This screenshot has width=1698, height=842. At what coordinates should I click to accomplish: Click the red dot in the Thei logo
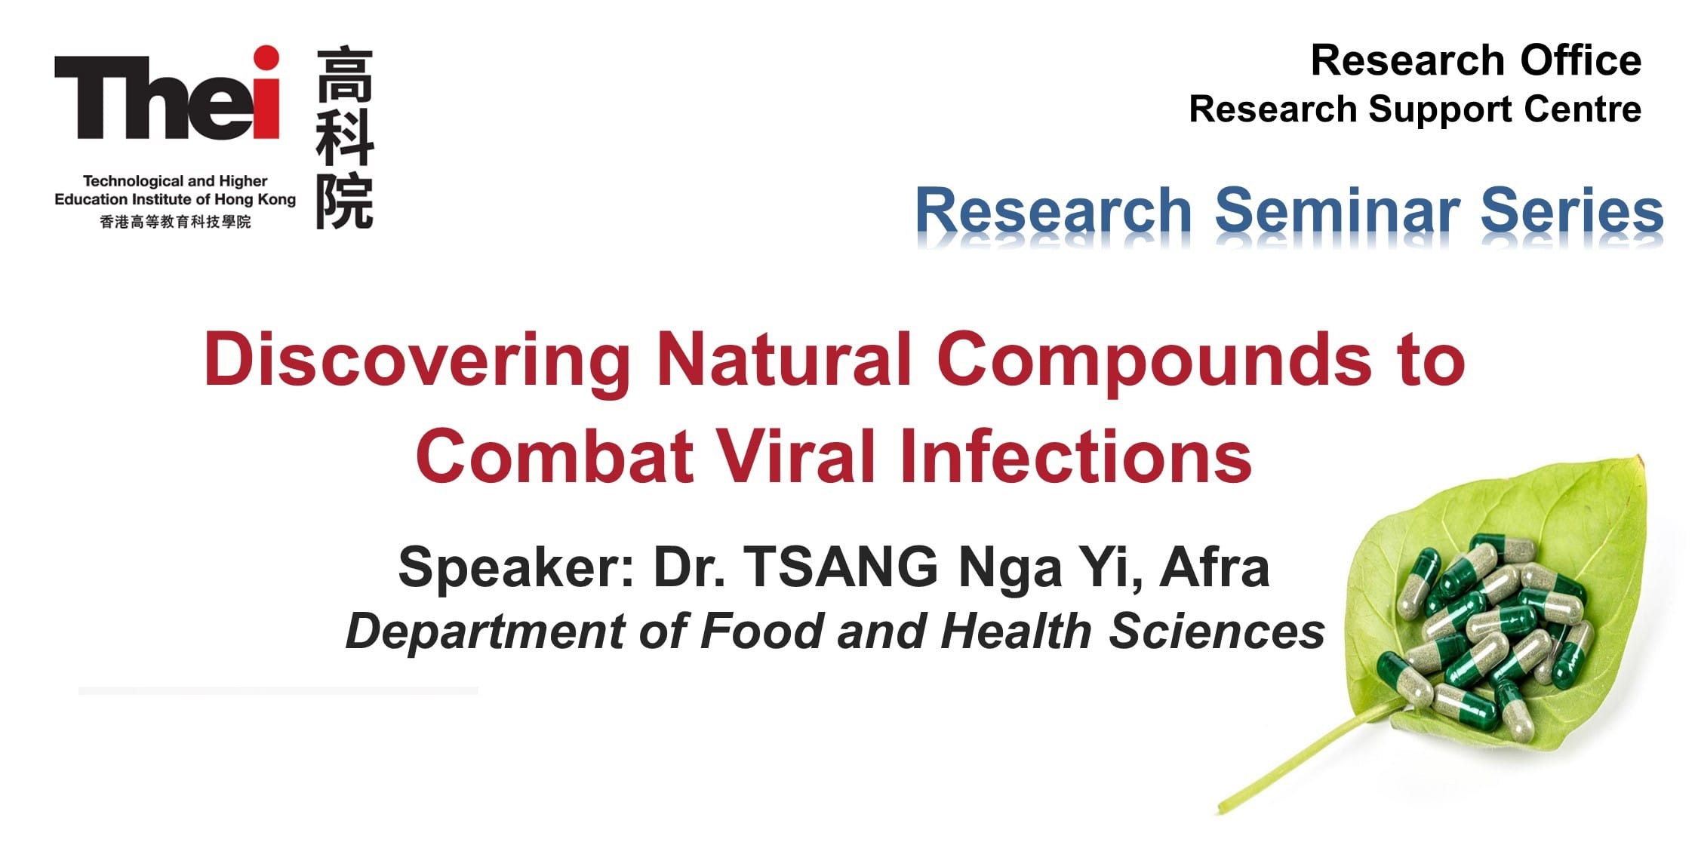point(266,58)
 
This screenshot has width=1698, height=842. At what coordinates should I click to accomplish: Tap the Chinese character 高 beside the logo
point(345,75)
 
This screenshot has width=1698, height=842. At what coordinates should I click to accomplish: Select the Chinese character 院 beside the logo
point(345,201)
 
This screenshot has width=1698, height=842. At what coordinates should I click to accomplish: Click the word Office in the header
point(1580,60)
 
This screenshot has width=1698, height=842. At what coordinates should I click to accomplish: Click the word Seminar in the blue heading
point(1337,210)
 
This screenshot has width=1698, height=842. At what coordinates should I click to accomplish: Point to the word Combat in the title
point(554,456)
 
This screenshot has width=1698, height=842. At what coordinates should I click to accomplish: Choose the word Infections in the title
point(1076,456)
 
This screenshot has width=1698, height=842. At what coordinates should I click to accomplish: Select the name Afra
point(1215,567)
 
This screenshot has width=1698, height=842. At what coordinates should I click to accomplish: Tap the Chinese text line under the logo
point(175,222)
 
